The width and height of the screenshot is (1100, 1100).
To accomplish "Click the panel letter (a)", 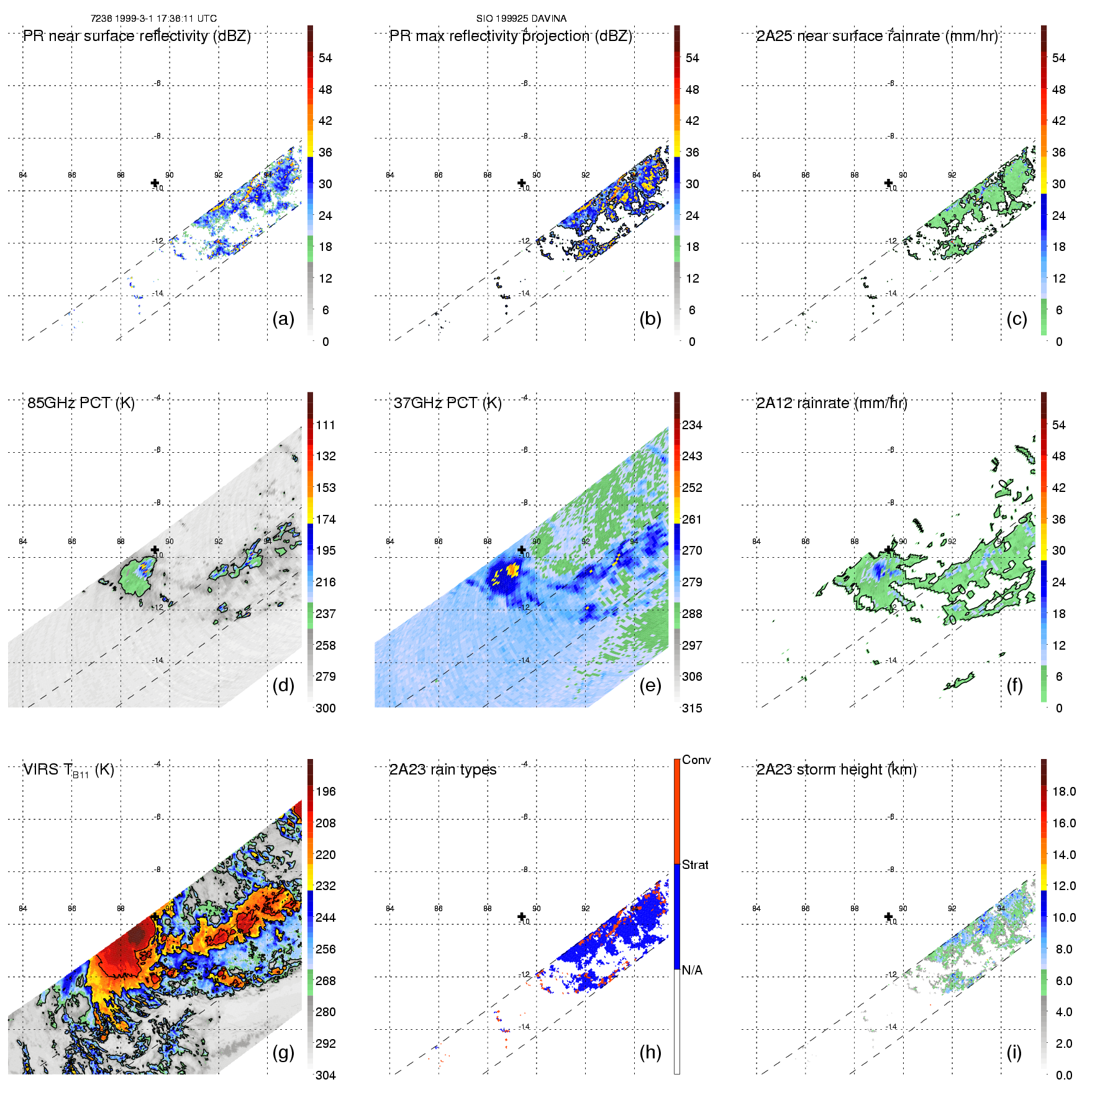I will pyautogui.click(x=283, y=319).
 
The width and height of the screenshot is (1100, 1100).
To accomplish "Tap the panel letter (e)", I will pyautogui.click(x=650, y=685).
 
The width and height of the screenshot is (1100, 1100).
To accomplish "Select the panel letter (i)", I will pyautogui.click(x=1014, y=1052).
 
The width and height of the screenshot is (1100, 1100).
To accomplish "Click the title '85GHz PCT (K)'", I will pyautogui.click(x=81, y=403).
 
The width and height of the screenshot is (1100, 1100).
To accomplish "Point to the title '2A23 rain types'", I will pyautogui.click(x=443, y=770).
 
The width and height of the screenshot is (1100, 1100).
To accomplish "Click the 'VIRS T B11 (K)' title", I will pyautogui.click(x=68, y=770).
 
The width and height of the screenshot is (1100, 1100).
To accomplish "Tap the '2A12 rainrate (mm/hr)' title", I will pyautogui.click(x=832, y=403).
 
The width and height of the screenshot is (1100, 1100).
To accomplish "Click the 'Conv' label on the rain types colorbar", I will pyautogui.click(x=696, y=760).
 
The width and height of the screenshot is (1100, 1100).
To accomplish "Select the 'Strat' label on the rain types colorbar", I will pyautogui.click(x=695, y=865).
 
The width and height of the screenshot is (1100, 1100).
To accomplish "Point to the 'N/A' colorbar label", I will pyautogui.click(x=691, y=970).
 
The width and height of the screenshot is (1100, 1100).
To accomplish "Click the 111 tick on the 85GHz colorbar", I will pyautogui.click(x=325, y=425).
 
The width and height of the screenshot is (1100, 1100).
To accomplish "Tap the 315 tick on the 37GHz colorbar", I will pyautogui.click(x=692, y=708).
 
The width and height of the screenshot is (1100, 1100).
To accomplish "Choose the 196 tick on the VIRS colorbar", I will pyautogui.click(x=325, y=791).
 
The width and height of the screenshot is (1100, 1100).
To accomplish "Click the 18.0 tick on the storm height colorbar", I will pyautogui.click(x=1064, y=791).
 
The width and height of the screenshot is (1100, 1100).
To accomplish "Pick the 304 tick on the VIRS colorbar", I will pyautogui.click(x=325, y=1075).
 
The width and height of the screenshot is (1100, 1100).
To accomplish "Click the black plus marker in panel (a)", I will pyautogui.click(x=155, y=183).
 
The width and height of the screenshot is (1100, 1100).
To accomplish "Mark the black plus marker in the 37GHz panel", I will pyautogui.click(x=522, y=550).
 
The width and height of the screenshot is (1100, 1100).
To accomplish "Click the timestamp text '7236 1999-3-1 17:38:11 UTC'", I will pyautogui.click(x=153, y=19).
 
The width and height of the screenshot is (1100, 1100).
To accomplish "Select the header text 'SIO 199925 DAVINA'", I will pyautogui.click(x=521, y=19).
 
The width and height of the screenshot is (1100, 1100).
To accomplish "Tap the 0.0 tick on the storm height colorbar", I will pyautogui.click(x=1064, y=1075).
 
